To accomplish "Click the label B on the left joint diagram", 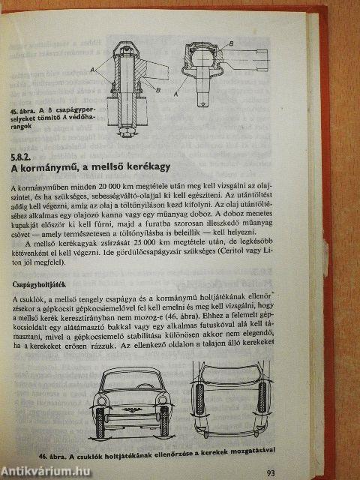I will click(x=158, y=91).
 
